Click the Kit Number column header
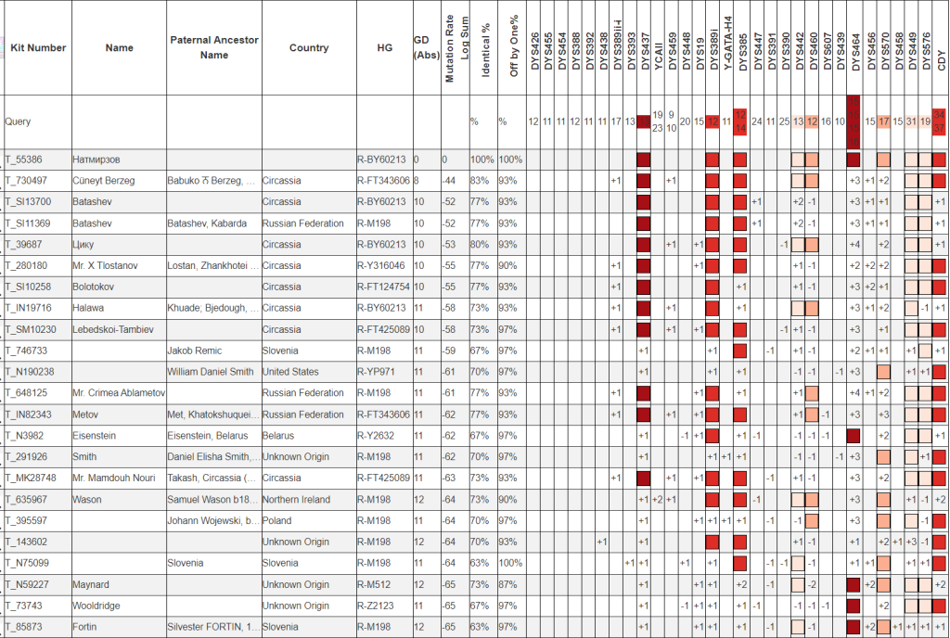(x=38, y=48)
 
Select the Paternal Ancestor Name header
(x=214, y=47)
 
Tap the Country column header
(x=309, y=48)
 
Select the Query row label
(x=18, y=121)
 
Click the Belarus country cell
(x=280, y=436)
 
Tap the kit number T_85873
(x=25, y=628)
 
